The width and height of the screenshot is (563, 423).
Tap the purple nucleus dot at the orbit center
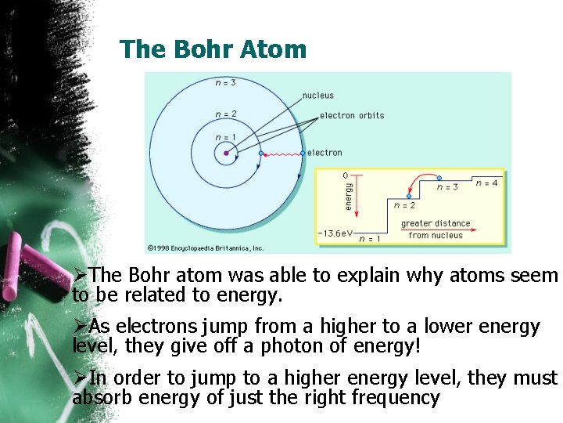pos(227,154)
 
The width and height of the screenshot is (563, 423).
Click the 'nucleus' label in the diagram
pos(317,96)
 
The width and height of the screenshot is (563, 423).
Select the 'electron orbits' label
pos(352,115)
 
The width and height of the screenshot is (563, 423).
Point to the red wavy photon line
pos(281,154)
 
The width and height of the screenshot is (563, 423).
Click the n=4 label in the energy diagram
pos(486,183)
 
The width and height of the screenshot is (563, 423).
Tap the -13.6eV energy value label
pos(335,233)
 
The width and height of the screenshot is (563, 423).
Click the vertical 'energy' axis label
pos(349,196)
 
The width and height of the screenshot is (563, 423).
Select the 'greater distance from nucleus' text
pos(436,230)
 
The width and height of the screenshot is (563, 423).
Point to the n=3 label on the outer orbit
pos(227,81)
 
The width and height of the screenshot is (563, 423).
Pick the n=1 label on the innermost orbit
pos(225,137)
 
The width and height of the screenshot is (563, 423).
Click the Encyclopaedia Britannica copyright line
pos(206,248)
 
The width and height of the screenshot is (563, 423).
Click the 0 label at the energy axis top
pos(345,175)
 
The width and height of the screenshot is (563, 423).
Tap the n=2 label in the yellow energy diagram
pos(404,205)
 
